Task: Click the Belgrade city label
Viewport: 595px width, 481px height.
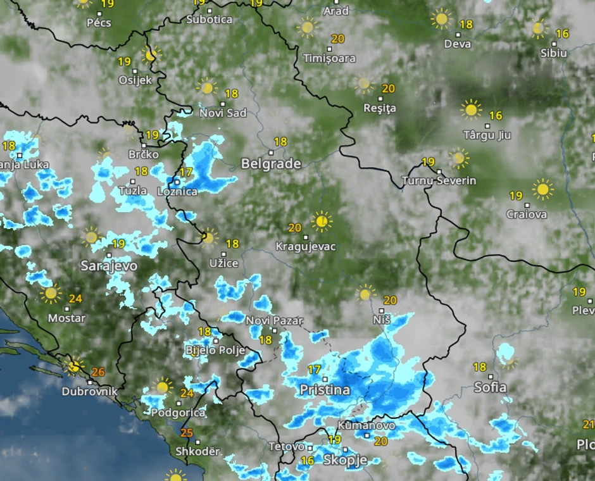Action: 270,164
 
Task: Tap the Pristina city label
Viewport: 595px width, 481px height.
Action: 325,390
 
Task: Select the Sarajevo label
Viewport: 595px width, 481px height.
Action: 109,266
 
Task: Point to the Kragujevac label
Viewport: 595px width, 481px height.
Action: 306,246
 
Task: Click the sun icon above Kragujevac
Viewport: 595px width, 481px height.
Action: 322,222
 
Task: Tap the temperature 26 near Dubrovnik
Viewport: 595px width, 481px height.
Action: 98,372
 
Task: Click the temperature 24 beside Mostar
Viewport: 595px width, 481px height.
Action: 76,299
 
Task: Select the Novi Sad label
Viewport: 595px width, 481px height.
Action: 223,113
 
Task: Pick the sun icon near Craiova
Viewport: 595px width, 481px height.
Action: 542,189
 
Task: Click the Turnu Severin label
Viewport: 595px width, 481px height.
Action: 439,181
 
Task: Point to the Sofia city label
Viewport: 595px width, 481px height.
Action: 490,387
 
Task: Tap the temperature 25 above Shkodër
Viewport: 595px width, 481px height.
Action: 187,434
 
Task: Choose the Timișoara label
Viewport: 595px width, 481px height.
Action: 329,58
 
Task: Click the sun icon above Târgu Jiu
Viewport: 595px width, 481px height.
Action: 470,109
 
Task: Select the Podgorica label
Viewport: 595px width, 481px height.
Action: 178,413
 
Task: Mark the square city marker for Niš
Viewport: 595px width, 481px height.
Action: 382,311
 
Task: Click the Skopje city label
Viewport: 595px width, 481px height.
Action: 345,460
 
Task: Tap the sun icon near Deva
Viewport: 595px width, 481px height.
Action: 441,18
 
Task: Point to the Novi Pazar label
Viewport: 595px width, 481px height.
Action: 275,321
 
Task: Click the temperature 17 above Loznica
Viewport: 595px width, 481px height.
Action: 186,172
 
